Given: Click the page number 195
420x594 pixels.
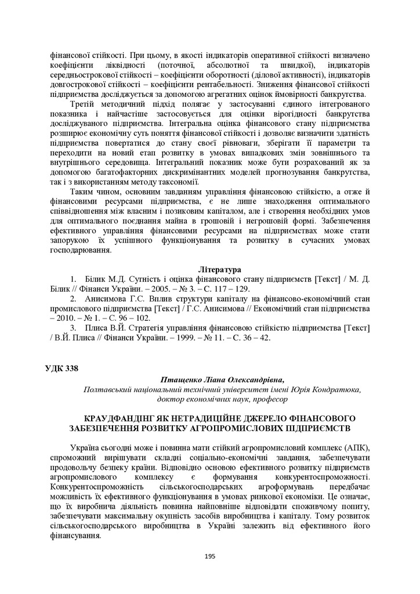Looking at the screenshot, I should point(210,556).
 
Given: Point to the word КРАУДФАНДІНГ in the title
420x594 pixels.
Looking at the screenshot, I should point(118,418).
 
